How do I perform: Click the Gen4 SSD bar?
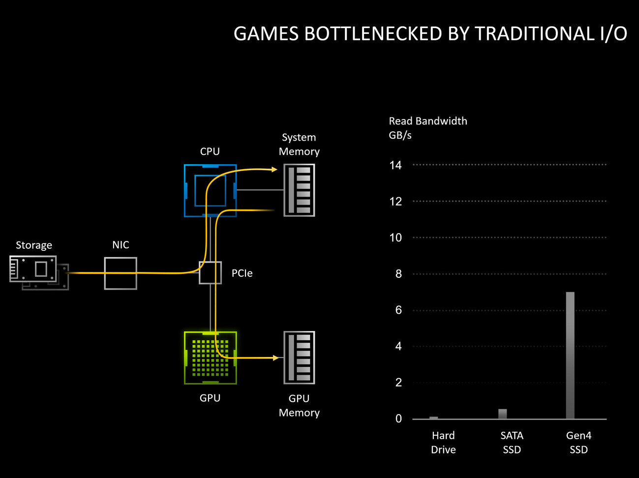click(x=570, y=355)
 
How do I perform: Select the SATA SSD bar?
click(x=502, y=414)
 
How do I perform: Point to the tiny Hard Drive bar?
click(x=433, y=418)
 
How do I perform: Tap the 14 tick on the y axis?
click(x=396, y=165)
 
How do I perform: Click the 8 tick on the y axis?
click(x=398, y=274)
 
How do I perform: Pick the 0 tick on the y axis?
click(x=398, y=418)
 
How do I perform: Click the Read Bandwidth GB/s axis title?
click(x=427, y=128)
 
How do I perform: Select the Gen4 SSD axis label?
click(x=578, y=442)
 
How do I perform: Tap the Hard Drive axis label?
click(x=443, y=442)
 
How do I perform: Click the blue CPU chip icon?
click(x=210, y=190)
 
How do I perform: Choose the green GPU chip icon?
click(x=210, y=358)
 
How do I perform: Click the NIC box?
click(x=121, y=273)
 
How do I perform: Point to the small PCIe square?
click(x=211, y=273)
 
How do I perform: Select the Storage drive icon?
click(x=34, y=269)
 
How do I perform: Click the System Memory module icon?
click(x=299, y=190)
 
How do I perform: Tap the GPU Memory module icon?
click(x=299, y=358)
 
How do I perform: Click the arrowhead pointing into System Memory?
click(x=274, y=170)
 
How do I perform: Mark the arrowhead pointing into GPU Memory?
click(x=276, y=358)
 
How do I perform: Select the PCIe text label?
click(x=242, y=273)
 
